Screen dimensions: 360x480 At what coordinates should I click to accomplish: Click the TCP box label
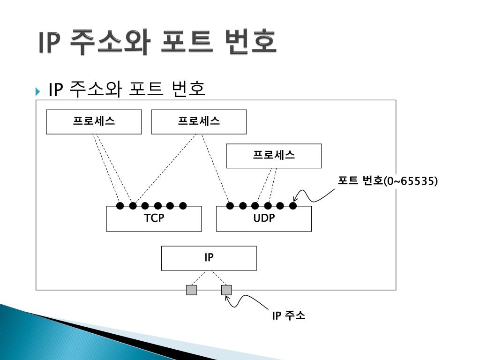(154, 218)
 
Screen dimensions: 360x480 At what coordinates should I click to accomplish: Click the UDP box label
(264, 218)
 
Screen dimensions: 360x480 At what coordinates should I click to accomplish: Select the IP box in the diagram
(209, 258)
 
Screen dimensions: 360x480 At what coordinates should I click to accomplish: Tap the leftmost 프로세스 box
(94, 121)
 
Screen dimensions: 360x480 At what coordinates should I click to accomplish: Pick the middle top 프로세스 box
(199, 121)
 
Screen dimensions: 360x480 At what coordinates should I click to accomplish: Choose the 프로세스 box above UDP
(274, 156)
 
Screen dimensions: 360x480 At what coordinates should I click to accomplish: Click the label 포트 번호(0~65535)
(388, 181)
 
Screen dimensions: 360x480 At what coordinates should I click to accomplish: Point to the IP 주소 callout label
(289, 315)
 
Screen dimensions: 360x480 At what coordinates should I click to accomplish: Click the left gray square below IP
(191, 290)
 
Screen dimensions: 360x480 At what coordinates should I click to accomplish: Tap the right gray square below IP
(226, 290)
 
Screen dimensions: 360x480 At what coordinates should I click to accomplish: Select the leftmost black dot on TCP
(120, 205)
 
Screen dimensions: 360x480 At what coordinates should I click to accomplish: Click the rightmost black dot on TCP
(183, 205)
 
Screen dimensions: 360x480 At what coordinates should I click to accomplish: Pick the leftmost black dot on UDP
(230, 205)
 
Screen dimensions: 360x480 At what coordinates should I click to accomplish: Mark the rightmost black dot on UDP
(293, 205)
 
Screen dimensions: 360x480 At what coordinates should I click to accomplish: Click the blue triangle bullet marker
(38, 90)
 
